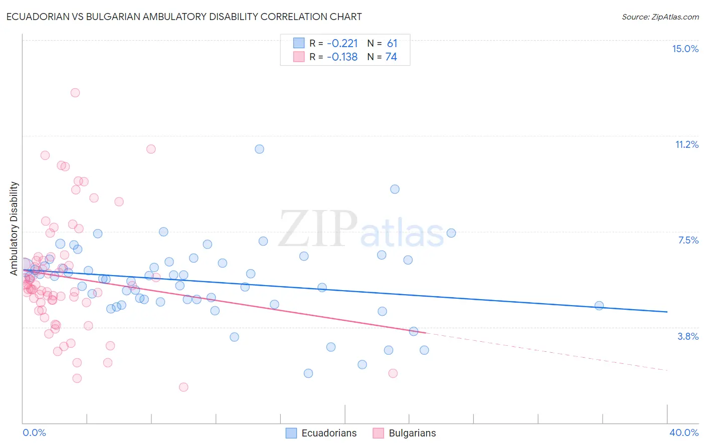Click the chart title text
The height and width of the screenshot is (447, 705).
point(184,17)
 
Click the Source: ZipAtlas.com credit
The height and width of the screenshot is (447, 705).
point(660,17)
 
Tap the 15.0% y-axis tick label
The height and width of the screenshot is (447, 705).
point(685,49)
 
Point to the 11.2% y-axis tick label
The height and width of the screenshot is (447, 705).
point(686,144)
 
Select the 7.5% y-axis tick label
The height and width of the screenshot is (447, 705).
point(688,240)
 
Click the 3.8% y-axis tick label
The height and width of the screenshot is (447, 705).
point(688,336)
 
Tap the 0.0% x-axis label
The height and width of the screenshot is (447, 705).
point(34,432)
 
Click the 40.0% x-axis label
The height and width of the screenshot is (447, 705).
point(684,432)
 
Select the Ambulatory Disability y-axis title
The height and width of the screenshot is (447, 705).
point(14,228)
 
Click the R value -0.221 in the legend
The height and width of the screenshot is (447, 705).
point(342,43)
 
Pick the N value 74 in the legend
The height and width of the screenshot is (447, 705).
point(391,57)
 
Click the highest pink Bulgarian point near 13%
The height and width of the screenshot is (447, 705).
point(75,93)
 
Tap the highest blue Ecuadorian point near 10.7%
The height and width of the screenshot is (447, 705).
point(259,149)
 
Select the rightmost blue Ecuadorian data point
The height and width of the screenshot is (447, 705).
point(599,306)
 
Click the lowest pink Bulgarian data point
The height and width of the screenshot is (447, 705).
point(184,387)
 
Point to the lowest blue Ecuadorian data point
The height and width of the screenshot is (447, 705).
point(308,373)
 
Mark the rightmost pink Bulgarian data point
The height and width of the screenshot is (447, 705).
point(393,373)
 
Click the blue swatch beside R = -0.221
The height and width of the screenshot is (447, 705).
point(299,43)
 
